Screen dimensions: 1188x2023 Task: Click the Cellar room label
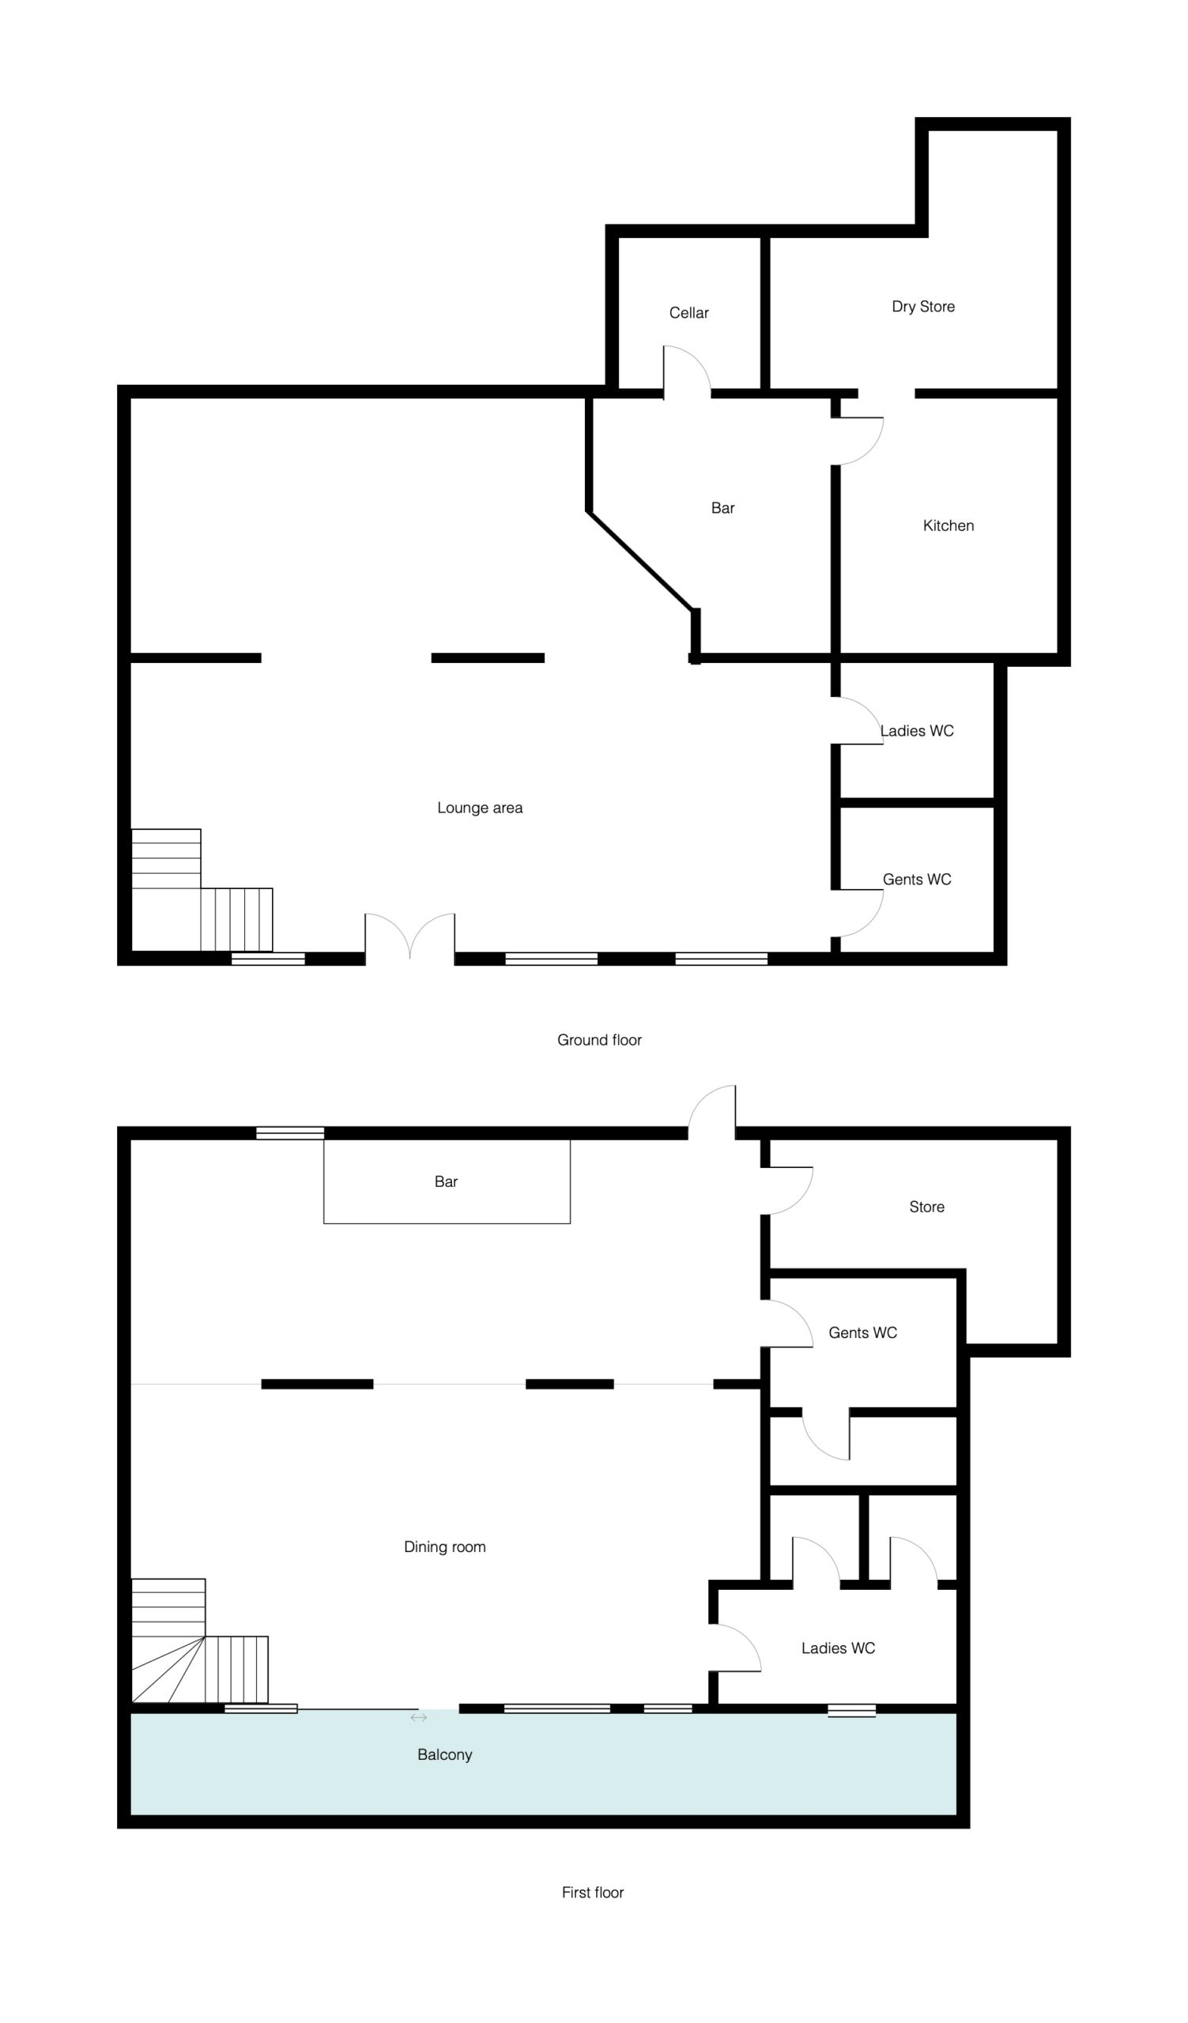(x=688, y=313)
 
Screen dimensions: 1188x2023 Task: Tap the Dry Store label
(x=923, y=307)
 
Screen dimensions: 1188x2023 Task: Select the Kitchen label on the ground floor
(x=948, y=526)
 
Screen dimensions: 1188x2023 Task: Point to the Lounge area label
(x=480, y=808)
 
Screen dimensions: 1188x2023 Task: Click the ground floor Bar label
(x=722, y=508)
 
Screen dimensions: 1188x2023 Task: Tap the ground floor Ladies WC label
(x=917, y=731)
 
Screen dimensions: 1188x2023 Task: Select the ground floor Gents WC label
(x=917, y=880)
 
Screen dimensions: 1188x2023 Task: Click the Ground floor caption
(x=600, y=1041)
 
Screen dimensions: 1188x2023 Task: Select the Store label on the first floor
(x=926, y=1207)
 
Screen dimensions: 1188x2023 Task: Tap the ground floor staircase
(x=202, y=891)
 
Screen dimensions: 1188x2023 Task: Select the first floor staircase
(x=199, y=1641)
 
